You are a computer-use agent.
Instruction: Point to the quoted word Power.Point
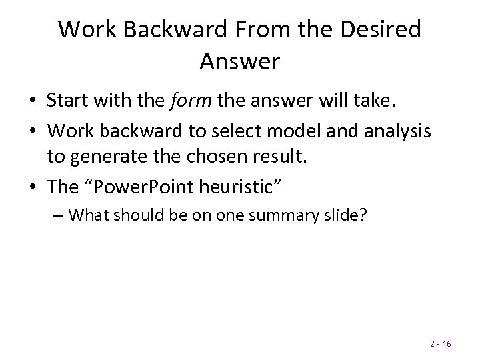point(135,187)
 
